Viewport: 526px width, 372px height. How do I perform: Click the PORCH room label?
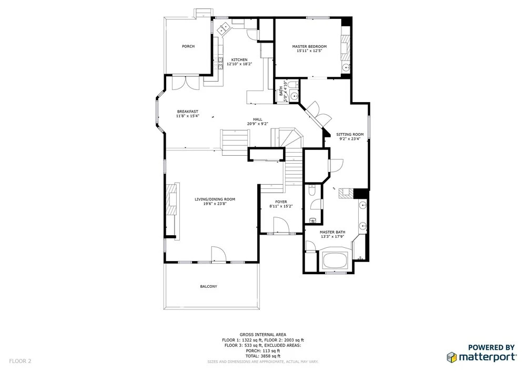pos(188,46)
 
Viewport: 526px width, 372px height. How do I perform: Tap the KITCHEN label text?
pos(239,59)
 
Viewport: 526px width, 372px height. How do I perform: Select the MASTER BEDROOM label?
pos(309,47)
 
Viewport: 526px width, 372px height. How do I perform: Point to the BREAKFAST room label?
pos(188,112)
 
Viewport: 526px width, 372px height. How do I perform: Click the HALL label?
pos(258,119)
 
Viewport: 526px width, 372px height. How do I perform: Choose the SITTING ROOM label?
pos(350,135)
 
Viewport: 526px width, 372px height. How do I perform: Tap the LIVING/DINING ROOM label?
pos(215,199)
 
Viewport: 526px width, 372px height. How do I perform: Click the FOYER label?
pos(281,202)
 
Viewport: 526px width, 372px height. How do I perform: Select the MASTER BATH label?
pos(332,232)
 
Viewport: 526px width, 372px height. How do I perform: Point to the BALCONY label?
pos(209,286)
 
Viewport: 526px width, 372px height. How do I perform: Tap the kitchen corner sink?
pos(224,28)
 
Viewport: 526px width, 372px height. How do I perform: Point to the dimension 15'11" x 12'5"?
pos(310,51)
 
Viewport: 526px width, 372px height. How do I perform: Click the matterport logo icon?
pos(451,357)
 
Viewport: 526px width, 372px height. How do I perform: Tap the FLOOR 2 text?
pos(20,361)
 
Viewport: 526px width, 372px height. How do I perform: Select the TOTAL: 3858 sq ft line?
pos(263,356)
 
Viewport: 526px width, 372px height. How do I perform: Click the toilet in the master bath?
pos(311,190)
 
